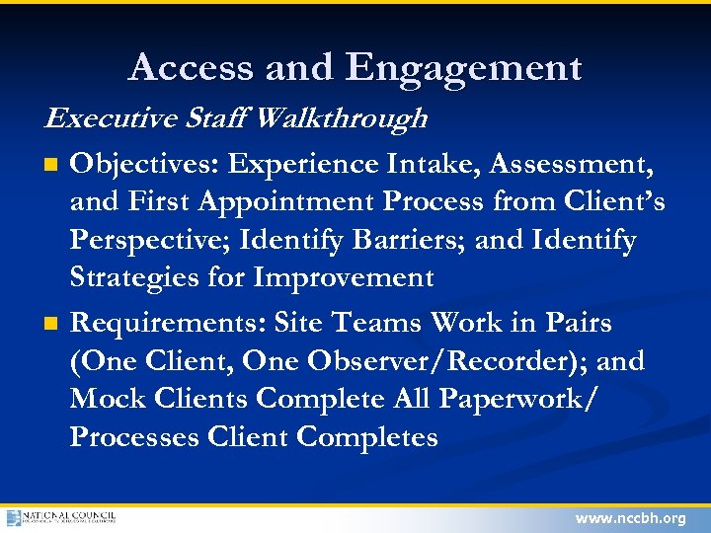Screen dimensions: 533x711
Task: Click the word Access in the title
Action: point(188,68)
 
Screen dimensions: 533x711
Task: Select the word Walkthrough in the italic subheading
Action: point(342,119)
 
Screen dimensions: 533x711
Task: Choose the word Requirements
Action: point(169,323)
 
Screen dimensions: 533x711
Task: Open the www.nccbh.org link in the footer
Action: point(629,518)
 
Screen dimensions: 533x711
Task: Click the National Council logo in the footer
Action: point(61,518)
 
